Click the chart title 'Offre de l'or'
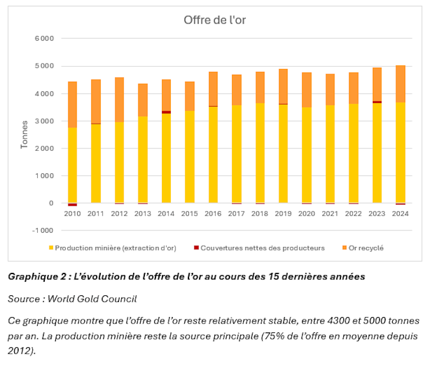[x=214, y=20]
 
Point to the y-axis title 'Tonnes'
[x=24, y=135]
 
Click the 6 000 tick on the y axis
[x=44, y=39]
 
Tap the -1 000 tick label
[x=42, y=230]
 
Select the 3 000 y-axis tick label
[x=44, y=121]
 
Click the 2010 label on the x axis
[x=72, y=213]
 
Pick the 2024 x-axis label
[x=400, y=213]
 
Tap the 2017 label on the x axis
[x=236, y=213]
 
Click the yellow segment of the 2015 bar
[x=189, y=157]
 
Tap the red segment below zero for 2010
[x=72, y=205]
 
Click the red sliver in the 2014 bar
[x=166, y=112]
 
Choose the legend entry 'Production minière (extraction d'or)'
[x=115, y=248]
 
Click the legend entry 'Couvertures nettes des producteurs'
[x=262, y=248]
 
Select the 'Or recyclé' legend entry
[x=365, y=248]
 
